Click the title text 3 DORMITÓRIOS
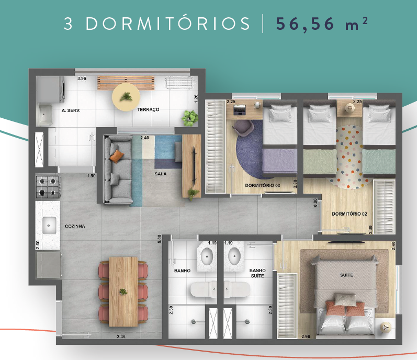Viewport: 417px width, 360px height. click(x=157, y=25)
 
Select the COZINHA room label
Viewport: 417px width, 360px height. click(x=75, y=227)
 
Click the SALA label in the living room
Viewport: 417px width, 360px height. click(x=161, y=174)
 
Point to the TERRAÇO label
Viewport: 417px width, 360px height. click(x=148, y=110)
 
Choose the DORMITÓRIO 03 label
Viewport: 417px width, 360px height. click(x=263, y=186)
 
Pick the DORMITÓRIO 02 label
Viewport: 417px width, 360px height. click(x=349, y=213)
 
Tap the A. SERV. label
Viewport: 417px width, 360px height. click(x=70, y=110)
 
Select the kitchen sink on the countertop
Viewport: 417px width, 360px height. click(x=49, y=226)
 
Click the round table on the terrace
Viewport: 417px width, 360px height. click(x=126, y=96)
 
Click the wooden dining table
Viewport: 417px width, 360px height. click(x=123, y=291)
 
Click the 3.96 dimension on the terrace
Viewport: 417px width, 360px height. click(x=82, y=78)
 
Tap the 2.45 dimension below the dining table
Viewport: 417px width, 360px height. click(x=121, y=336)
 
